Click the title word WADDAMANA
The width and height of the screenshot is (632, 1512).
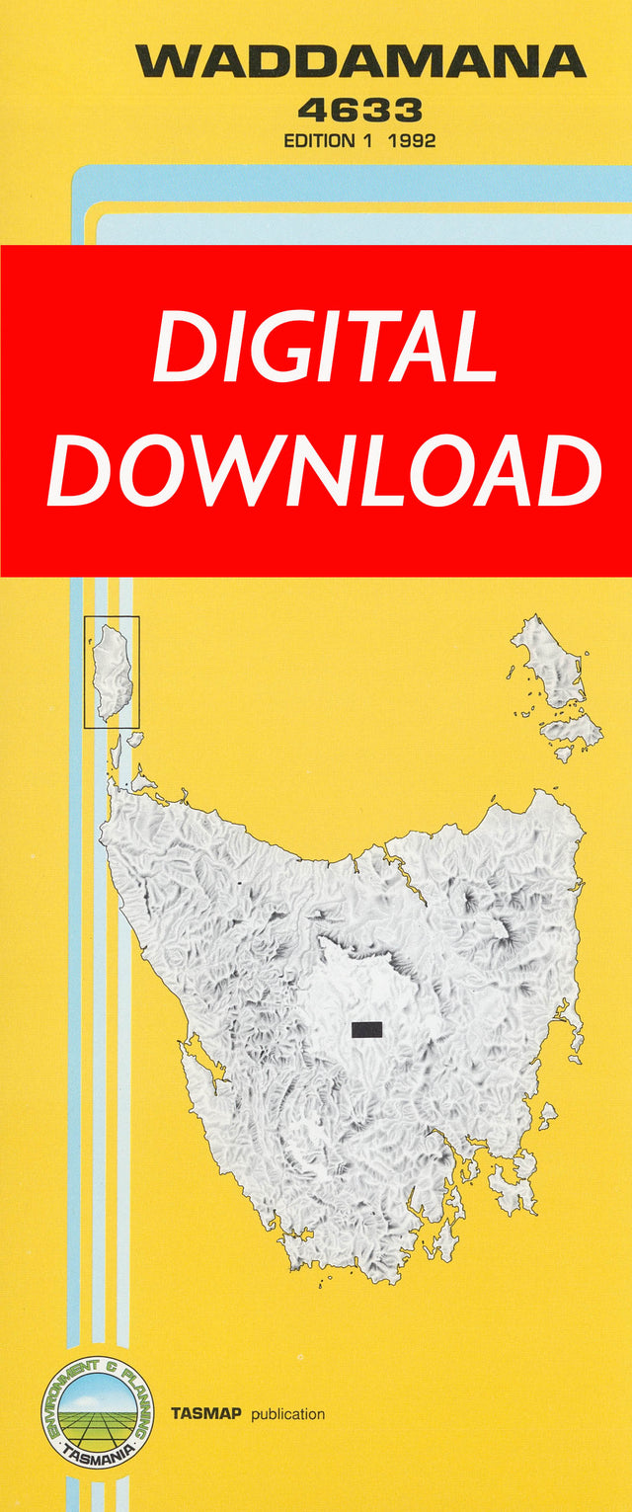360,61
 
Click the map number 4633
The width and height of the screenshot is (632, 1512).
359,109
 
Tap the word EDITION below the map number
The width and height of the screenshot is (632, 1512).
319,140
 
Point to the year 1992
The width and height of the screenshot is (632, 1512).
412,140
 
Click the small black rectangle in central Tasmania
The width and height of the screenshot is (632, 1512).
366,1029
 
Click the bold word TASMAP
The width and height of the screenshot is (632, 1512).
206,1413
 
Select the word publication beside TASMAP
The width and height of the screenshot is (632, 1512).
287,1414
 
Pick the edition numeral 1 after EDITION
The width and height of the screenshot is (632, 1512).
367,140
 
